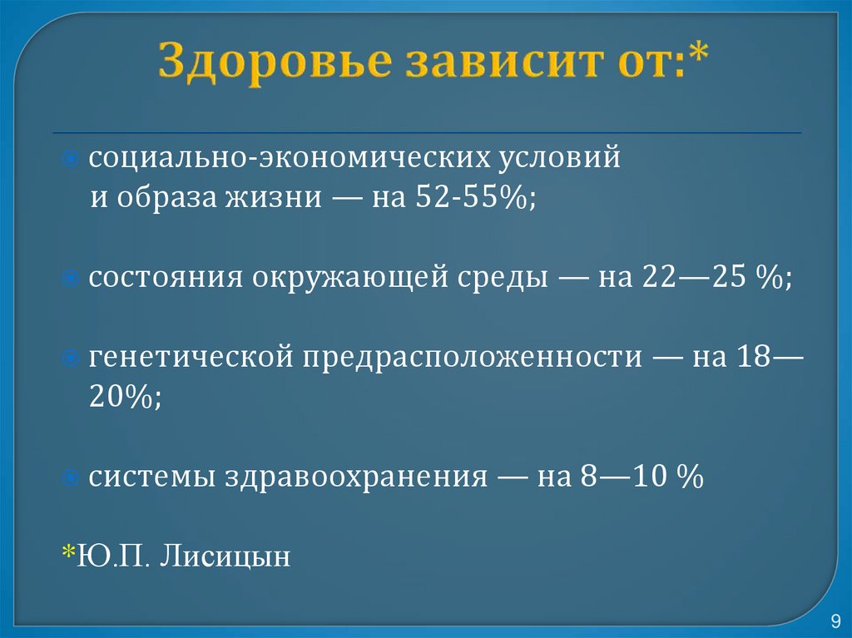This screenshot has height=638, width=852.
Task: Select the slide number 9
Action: [x=835, y=621]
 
